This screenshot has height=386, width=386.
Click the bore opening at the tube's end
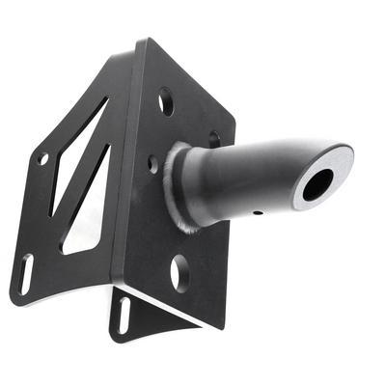click(317, 183)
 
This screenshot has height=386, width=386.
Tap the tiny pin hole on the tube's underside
click(257, 212)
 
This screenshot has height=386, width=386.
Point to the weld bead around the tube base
click(178, 193)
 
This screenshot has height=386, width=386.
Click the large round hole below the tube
click(179, 272)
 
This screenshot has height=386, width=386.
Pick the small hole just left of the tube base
click(152, 163)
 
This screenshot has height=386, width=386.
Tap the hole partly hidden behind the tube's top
click(214, 138)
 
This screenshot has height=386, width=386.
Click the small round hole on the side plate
click(42, 158)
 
